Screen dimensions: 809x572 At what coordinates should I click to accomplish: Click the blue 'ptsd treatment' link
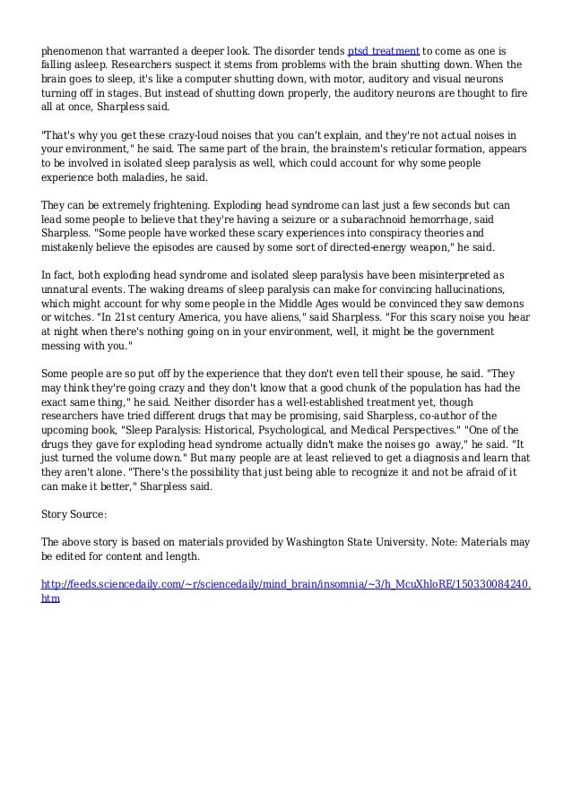click(x=384, y=49)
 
